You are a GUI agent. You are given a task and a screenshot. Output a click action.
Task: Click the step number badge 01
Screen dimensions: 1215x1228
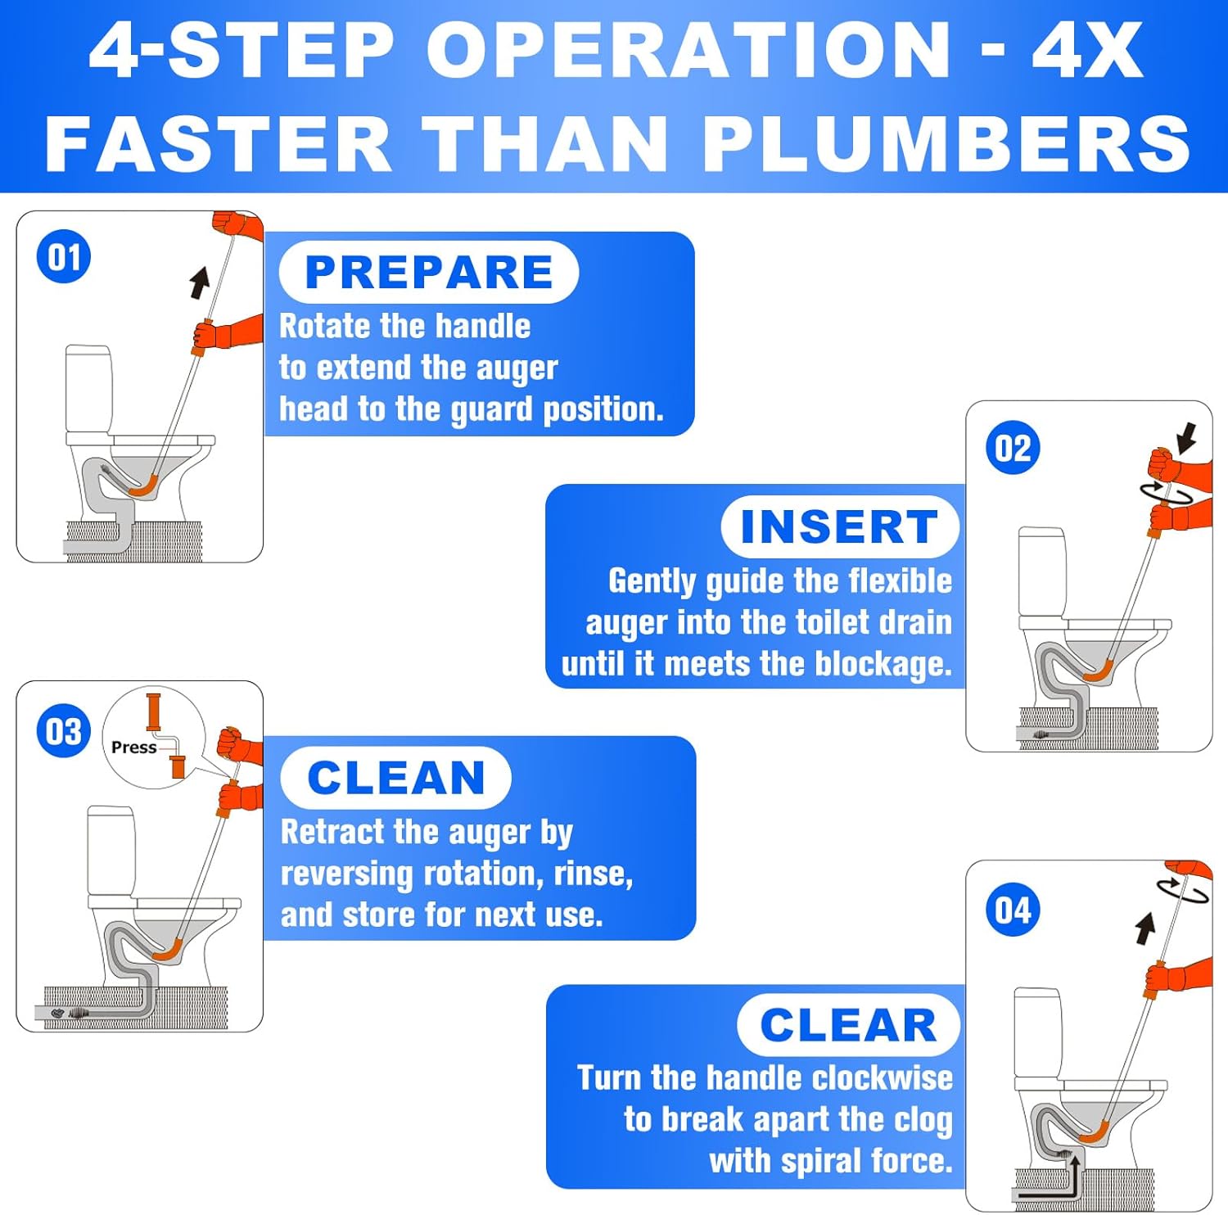[63, 257]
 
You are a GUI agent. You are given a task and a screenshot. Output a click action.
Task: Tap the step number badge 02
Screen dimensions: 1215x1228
[1013, 448]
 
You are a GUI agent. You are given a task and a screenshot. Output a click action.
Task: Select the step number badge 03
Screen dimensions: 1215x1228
[63, 731]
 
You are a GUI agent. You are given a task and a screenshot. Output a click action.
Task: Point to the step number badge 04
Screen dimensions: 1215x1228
[1013, 910]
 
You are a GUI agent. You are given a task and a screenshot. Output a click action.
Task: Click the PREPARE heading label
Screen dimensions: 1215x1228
[429, 273]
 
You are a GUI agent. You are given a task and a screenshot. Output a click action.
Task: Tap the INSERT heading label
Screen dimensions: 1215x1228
[839, 526]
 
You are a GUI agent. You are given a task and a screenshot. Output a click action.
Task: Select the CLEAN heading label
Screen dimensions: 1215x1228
[396, 778]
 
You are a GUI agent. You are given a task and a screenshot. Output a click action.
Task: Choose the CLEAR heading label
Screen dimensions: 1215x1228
[848, 1025]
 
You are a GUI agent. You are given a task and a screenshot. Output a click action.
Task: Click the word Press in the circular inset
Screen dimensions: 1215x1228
[133, 748]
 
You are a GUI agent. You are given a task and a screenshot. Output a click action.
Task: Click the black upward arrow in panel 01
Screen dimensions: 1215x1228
[199, 282]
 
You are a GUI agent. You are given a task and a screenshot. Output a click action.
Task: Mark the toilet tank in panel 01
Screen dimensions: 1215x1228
[88, 389]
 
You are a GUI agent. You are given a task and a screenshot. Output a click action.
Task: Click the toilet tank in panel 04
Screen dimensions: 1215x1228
[1038, 1032]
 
